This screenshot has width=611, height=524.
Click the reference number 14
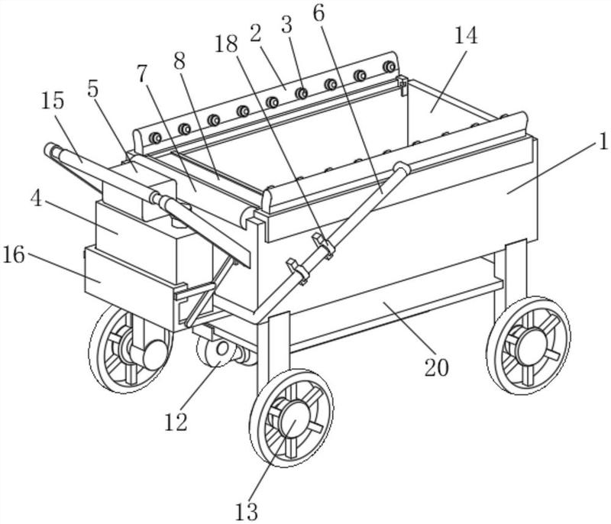click(466, 35)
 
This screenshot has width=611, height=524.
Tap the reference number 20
click(436, 367)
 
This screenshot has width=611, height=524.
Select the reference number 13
click(247, 512)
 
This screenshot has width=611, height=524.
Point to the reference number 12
click(176, 422)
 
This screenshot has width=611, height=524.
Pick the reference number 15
click(53, 101)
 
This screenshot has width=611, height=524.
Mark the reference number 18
click(226, 44)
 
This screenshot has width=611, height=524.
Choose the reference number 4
click(36, 199)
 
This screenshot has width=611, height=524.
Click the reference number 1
click(603, 142)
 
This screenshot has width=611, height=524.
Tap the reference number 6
click(318, 13)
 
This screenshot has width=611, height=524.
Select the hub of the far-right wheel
click(532, 344)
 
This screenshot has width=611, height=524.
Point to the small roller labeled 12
click(217, 351)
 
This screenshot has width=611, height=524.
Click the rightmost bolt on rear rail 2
click(389, 66)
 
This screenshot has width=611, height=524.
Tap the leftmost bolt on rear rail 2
click(156, 138)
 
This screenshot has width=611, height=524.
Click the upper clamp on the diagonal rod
click(323, 244)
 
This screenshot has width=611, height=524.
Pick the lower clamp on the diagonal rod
click(298, 270)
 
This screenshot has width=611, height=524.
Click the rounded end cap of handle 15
click(50, 149)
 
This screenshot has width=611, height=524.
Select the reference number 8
click(179, 62)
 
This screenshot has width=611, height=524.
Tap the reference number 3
click(286, 25)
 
